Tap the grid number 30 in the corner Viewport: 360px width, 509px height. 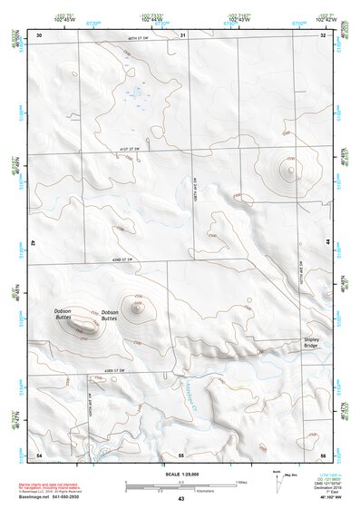tap(39, 35)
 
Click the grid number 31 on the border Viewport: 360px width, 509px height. tap(182, 35)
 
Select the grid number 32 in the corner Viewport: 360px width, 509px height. tap(324, 35)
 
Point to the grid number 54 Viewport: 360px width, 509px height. tap(39, 454)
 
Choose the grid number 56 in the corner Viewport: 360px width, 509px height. tap(323, 454)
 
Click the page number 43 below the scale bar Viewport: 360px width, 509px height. tap(181, 499)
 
